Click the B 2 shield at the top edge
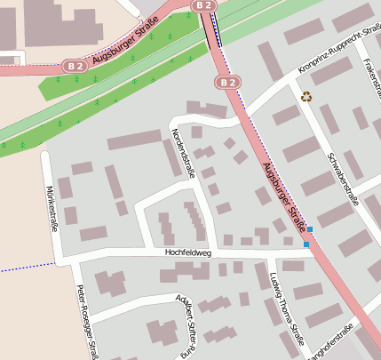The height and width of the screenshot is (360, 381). [204, 5]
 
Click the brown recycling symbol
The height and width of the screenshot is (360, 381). [307, 97]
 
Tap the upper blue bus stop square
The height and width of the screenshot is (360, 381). [309, 229]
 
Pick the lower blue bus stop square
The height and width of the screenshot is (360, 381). [306, 244]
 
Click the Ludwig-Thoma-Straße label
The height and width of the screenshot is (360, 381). [286, 311]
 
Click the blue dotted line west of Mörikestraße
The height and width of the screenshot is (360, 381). [22, 268]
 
